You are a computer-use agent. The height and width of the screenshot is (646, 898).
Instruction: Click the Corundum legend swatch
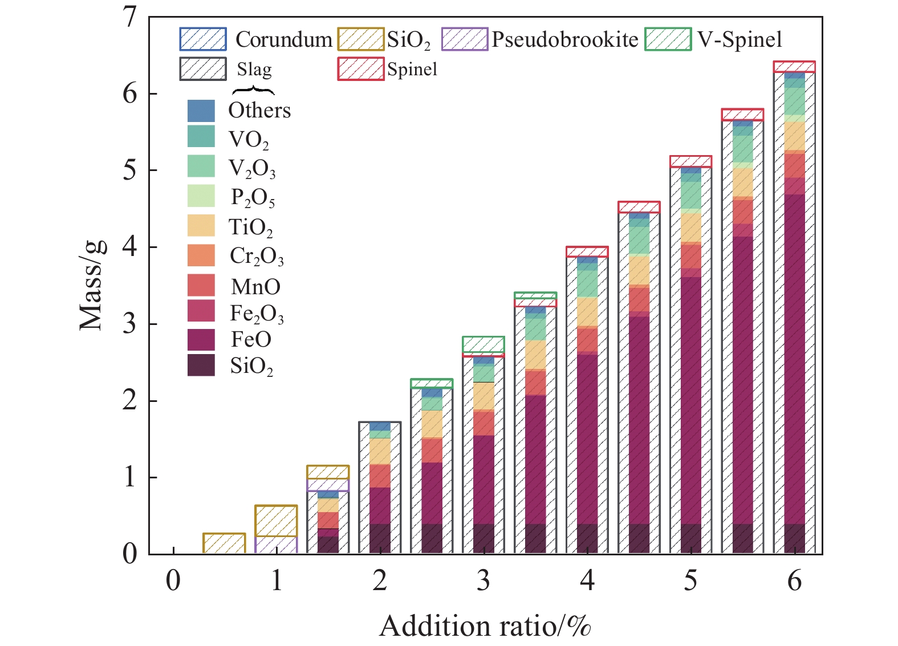click(203, 39)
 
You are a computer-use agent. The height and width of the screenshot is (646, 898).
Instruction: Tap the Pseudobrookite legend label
click(565, 39)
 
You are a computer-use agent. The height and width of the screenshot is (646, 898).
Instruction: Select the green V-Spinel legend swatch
click(668, 39)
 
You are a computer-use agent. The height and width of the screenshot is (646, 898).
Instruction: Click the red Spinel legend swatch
click(361, 69)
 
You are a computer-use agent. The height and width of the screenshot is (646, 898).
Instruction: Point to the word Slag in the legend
click(254, 70)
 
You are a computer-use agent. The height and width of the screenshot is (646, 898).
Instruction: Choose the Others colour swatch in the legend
click(201, 111)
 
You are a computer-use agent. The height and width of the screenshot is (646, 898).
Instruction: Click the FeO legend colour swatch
click(201, 340)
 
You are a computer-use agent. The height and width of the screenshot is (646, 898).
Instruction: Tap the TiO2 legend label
click(251, 227)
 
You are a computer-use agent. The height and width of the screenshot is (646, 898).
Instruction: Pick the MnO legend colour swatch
click(201, 285)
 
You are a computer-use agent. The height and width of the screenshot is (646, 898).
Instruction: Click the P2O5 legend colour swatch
click(201, 196)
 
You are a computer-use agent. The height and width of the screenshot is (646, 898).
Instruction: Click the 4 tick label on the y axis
click(130, 247)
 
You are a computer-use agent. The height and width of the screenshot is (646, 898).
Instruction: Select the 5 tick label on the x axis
click(690, 580)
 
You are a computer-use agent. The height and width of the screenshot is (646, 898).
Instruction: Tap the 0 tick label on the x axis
click(173, 580)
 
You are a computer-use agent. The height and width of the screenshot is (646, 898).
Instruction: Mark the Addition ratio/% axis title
click(485, 626)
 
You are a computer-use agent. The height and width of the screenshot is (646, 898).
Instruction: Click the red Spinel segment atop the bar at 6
click(794, 67)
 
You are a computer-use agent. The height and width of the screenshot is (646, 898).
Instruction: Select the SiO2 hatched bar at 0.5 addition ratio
click(224, 543)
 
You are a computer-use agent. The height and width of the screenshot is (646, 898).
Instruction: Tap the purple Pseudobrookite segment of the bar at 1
click(276, 545)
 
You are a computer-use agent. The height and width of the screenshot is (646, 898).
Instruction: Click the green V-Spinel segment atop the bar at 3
click(483, 344)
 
